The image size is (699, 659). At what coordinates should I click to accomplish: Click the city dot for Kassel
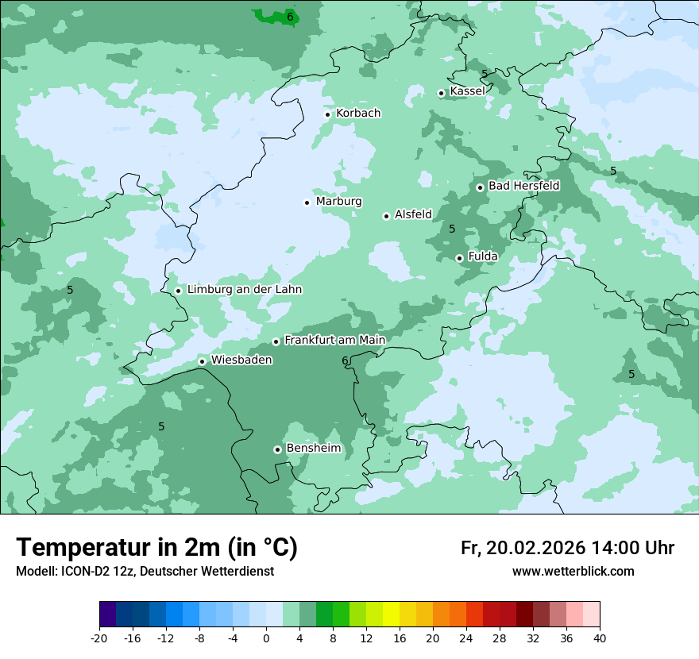click(441, 93)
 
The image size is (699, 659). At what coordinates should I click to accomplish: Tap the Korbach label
click(358, 114)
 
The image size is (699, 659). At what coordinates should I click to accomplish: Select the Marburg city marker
click(307, 202)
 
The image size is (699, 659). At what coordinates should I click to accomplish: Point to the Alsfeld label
click(413, 214)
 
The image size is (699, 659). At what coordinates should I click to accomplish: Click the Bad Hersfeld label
click(523, 186)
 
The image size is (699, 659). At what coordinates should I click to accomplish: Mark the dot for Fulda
click(459, 258)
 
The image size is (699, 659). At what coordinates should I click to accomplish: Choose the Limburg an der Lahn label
click(245, 290)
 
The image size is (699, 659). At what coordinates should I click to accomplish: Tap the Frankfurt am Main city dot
click(276, 341)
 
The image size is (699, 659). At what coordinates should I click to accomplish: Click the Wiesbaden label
click(241, 360)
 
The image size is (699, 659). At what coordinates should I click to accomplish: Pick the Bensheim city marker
click(277, 449)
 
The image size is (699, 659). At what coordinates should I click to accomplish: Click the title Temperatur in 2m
click(157, 547)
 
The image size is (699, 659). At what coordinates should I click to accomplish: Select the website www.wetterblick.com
click(573, 572)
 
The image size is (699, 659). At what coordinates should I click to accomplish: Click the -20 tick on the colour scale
click(99, 638)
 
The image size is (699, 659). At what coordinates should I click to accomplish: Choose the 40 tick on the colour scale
click(600, 638)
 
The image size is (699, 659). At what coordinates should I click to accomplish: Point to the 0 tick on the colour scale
click(266, 638)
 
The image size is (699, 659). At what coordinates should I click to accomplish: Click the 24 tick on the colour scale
click(466, 638)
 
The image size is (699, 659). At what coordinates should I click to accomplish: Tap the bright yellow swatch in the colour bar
click(391, 615)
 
